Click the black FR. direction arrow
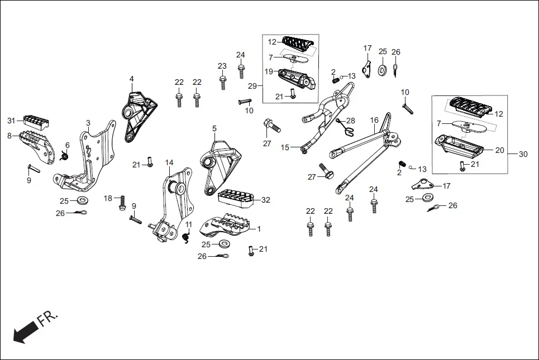[x=23, y=334]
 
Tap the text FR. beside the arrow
[x=47, y=319]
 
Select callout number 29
[x=252, y=86]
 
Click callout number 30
[x=523, y=154]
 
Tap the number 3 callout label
[x=88, y=122]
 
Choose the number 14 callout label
[x=169, y=162]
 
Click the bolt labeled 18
[x=122, y=204]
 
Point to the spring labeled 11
[x=187, y=237]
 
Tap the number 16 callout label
[x=374, y=120]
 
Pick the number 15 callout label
[x=285, y=147]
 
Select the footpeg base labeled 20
[x=460, y=148]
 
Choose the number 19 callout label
[x=269, y=71]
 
